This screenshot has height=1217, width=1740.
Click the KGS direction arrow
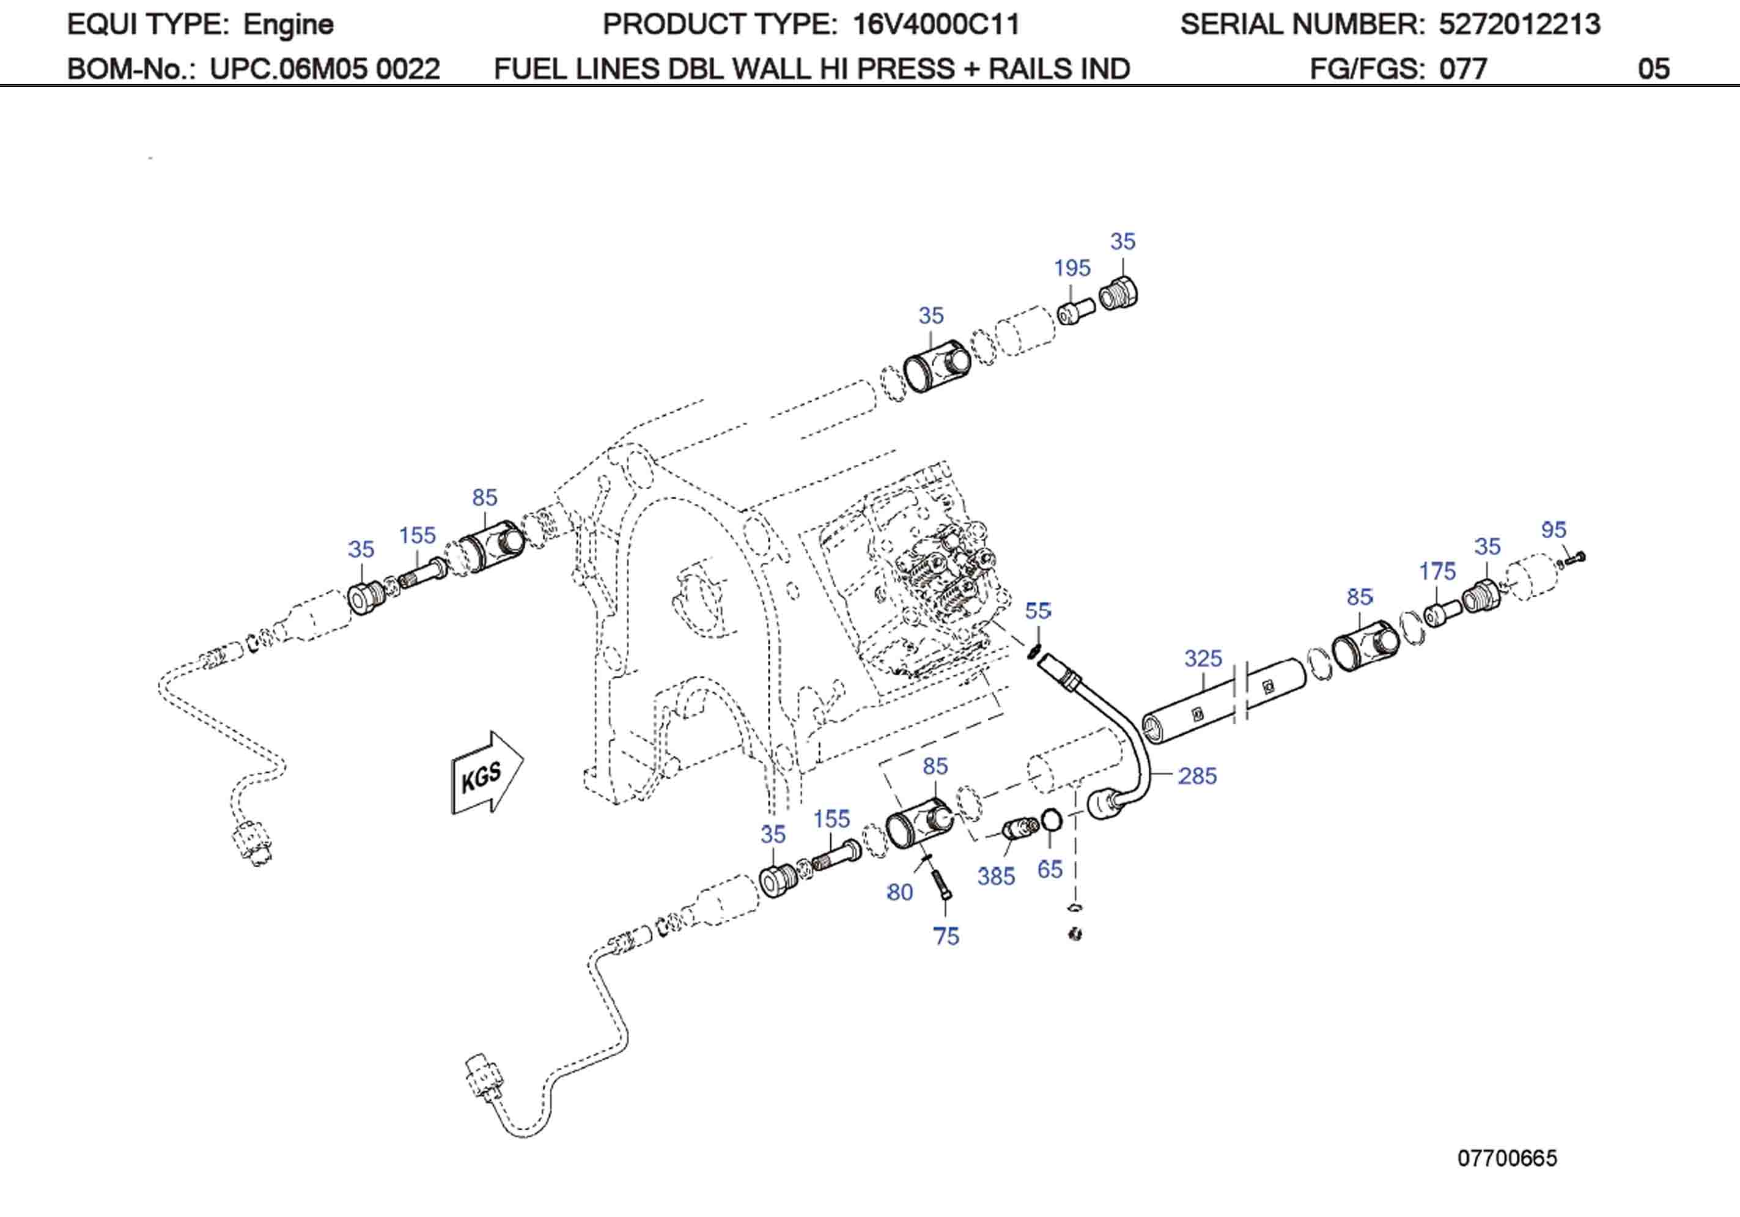[487, 774]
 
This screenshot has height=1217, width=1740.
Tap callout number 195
[1072, 268]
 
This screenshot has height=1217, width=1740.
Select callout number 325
[1203, 658]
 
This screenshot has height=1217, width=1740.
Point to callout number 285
[1197, 775]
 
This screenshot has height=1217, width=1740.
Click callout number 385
[996, 876]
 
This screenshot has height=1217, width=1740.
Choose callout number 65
[1050, 869]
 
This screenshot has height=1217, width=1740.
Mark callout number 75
[946, 936]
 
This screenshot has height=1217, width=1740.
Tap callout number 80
[899, 892]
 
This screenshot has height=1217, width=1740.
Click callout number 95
[1554, 529]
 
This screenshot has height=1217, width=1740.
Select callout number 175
[1437, 571]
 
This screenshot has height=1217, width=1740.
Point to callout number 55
[1038, 610]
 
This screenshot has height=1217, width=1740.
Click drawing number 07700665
[1506, 1158]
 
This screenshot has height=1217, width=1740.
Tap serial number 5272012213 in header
[1519, 25]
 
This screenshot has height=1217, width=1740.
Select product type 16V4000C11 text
[936, 25]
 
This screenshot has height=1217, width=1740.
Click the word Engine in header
[288, 25]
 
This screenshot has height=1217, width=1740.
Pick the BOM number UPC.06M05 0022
[325, 69]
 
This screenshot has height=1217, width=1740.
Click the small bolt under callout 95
[1574, 560]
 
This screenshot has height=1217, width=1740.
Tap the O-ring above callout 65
[1050, 819]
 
